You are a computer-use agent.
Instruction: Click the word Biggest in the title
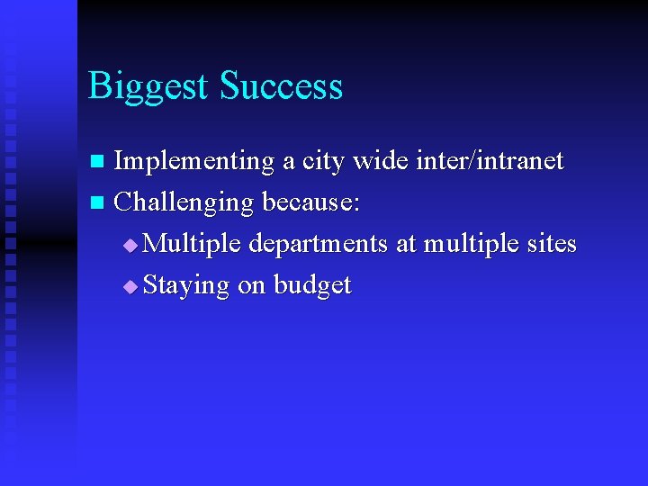[150, 87]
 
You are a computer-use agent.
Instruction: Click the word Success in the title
[282, 86]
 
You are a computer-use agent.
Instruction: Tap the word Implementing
[194, 162]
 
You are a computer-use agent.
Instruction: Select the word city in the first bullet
[323, 162]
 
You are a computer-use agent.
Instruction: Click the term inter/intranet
[492, 161]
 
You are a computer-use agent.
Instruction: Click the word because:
[311, 202]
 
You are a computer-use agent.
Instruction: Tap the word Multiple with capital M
[193, 244]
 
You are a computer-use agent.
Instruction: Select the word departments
[319, 245]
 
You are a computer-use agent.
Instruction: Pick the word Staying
[186, 286]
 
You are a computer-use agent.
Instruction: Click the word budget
[312, 285]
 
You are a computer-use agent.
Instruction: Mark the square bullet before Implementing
[100, 163]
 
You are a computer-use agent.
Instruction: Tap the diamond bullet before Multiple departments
[131, 245]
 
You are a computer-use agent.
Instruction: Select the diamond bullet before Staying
[131, 286]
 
